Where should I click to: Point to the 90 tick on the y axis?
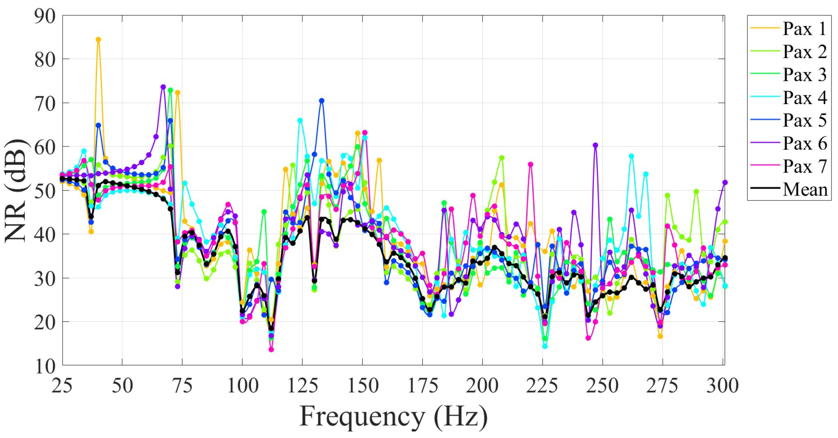45,16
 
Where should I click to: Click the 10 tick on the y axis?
45,366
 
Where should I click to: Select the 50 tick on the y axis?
45,191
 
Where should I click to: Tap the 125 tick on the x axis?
303,386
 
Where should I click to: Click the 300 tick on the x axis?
722,386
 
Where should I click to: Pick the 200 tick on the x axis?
482,386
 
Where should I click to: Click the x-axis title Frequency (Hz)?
393,417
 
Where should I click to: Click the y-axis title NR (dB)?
15,191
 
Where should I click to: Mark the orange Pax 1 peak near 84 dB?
98,40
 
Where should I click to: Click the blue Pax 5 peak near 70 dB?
321,100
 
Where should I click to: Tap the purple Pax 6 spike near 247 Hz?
595,145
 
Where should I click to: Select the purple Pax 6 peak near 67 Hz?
163,87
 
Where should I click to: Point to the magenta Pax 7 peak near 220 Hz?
530,164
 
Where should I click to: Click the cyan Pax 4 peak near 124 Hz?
300,120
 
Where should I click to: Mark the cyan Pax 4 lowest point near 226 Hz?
545,346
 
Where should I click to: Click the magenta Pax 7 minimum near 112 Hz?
271,349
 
